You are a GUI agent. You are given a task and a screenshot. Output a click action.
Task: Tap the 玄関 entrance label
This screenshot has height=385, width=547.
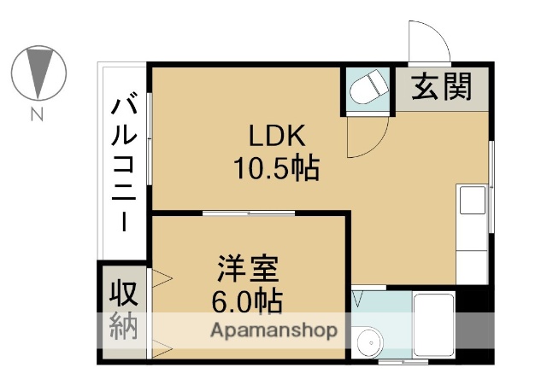click(442, 87)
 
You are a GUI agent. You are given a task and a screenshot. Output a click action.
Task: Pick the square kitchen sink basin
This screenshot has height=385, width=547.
click(473, 201)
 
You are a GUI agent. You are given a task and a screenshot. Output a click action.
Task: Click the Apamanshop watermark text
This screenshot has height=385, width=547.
click(274, 330)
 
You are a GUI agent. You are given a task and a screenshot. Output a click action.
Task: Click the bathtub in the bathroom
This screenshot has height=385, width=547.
click(434, 324)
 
